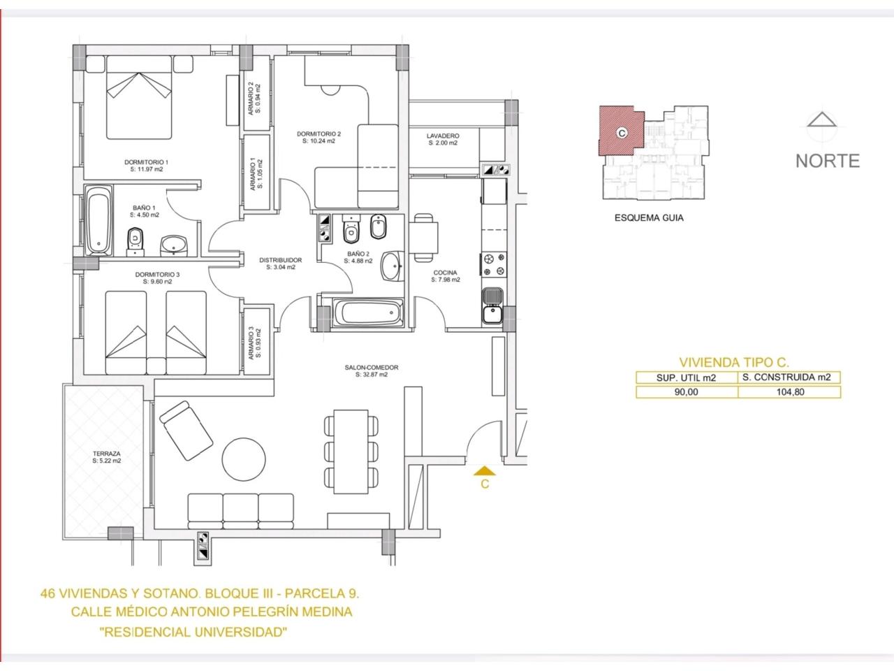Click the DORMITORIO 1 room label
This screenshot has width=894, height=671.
point(146,162)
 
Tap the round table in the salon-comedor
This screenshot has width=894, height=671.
point(244,459)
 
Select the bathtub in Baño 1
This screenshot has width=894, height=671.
point(98,220)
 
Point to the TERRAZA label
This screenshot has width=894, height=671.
point(106,454)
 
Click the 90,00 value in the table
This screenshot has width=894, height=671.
point(687,392)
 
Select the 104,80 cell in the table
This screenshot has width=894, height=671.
point(790,392)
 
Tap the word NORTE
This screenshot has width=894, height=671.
point(827,161)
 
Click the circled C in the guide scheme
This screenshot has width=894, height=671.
point(622,133)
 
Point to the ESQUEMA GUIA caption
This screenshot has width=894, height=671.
point(649,218)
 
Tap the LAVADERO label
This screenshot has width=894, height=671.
point(443,136)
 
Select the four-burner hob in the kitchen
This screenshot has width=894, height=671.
point(494,264)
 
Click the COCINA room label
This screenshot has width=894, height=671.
point(445,272)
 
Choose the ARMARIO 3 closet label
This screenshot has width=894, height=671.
point(251,343)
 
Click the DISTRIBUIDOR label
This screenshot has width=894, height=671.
point(281,260)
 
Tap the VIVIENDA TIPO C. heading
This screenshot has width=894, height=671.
point(734,362)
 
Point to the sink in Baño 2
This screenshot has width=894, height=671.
point(393,266)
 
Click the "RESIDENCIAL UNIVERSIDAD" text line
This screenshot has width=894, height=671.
point(193,633)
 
